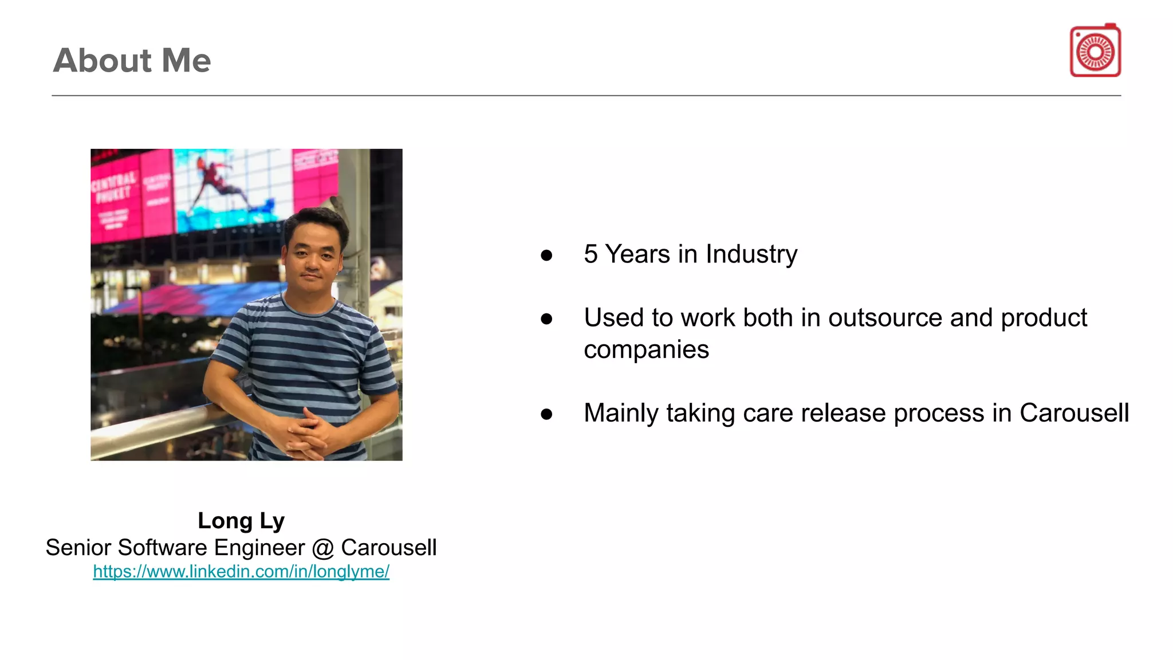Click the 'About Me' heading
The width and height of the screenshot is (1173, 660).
coord(132,60)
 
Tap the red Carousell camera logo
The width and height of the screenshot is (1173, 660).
coord(1095,51)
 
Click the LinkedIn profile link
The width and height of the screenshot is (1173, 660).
coord(241,571)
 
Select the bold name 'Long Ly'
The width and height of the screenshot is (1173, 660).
coord(241,520)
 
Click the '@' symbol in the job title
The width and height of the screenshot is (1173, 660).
coord(323,548)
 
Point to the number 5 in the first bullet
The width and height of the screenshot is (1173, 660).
coord(591,254)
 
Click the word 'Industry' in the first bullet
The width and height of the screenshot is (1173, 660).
coord(751,254)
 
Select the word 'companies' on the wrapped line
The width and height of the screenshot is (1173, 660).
coord(646,349)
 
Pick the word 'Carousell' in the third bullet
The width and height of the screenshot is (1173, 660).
coord(1074,412)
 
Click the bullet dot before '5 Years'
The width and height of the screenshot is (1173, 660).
coord(546,255)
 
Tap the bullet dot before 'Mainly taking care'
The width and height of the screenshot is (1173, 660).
coord(546,414)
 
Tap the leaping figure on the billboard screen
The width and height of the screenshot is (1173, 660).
coord(221,178)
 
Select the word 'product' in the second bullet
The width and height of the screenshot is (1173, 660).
coord(1044,317)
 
